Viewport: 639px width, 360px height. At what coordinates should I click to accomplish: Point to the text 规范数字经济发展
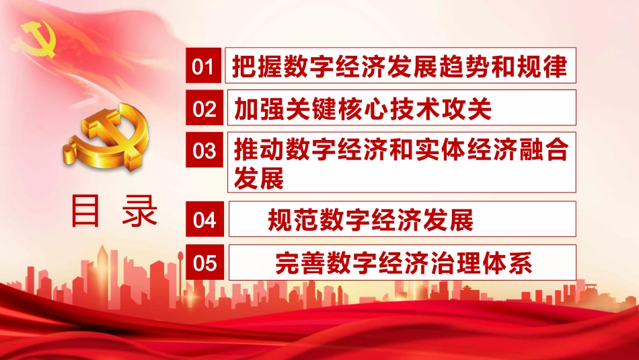[371, 219]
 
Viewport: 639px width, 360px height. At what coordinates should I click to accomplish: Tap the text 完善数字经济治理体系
[404, 263]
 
